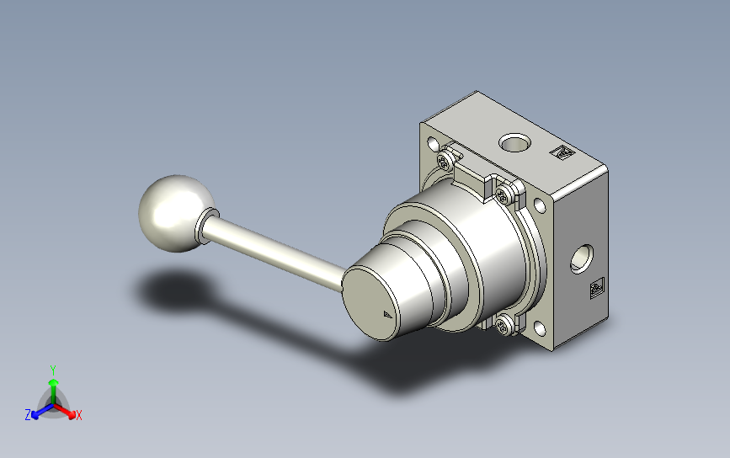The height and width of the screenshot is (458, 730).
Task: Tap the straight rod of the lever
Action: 274,253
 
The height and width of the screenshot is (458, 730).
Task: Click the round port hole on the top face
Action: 514,142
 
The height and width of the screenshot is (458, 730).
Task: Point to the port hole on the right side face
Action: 582,258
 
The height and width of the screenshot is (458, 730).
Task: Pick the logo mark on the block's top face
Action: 562,152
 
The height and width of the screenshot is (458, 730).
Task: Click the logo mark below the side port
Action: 597,289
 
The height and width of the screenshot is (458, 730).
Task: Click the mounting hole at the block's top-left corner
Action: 433,143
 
